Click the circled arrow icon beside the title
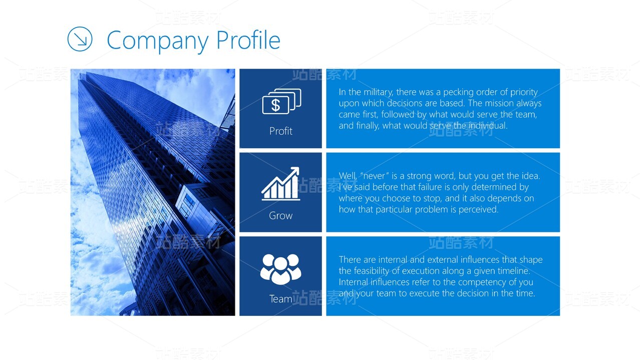(x=80, y=39)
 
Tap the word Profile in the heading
(x=248, y=40)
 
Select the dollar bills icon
(x=282, y=101)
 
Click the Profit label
(x=280, y=131)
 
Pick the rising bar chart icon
(x=280, y=184)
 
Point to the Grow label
(x=280, y=216)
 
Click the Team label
(x=280, y=299)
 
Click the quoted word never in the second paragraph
(x=375, y=176)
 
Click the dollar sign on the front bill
(x=276, y=105)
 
